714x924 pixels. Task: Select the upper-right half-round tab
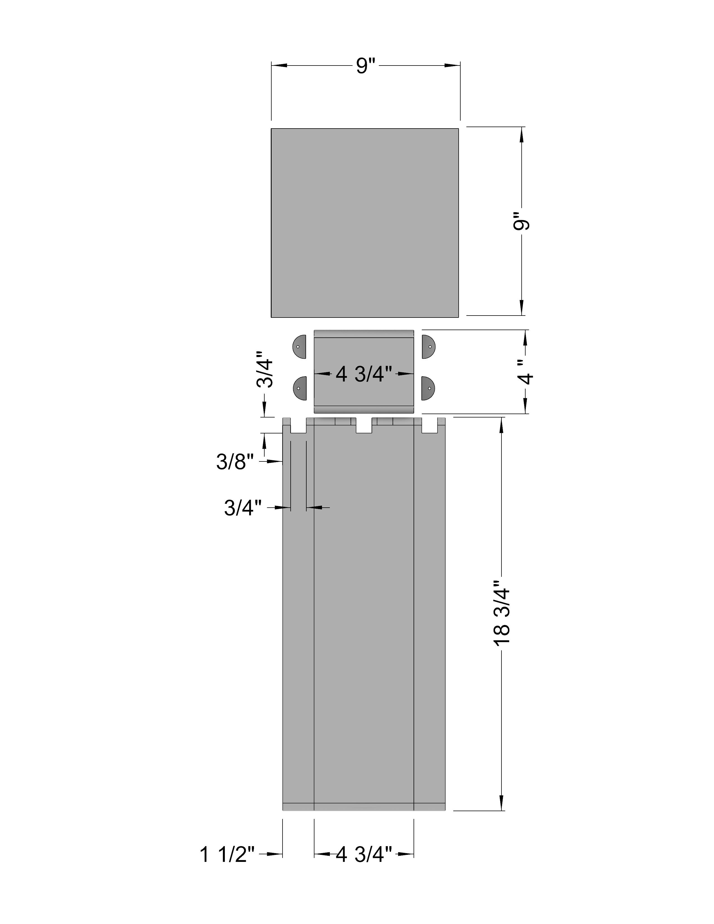tap(428, 347)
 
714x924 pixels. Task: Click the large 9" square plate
tap(365, 223)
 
